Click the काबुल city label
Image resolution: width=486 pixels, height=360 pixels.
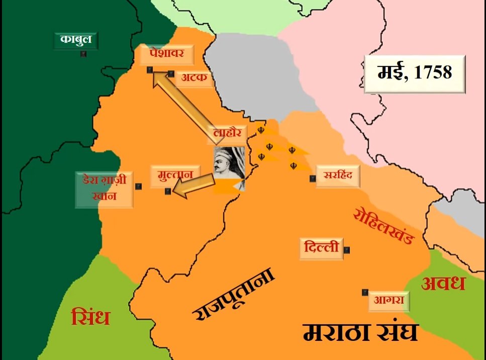(x=75, y=40)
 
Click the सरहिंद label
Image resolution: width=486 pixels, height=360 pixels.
(x=337, y=176)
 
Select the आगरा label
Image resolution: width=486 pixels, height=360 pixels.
(x=388, y=301)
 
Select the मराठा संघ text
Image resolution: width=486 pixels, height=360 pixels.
(x=360, y=333)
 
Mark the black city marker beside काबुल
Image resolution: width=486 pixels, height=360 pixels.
(x=83, y=54)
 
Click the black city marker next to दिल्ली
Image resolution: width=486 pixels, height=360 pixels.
(x=347, y=249)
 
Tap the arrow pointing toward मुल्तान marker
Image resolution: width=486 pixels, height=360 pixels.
(x=193, y=186)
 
